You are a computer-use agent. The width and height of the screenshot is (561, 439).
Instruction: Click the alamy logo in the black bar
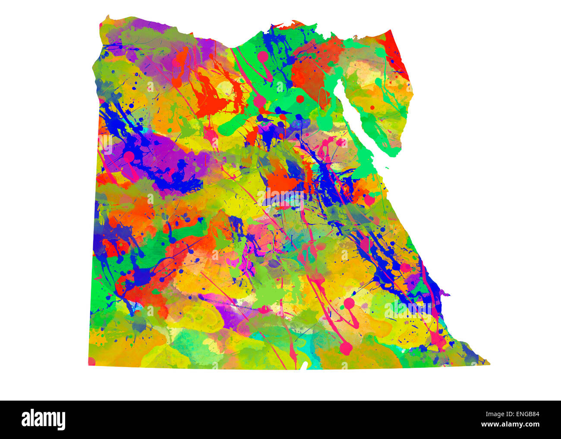pyautogui.click(x=44, y=419)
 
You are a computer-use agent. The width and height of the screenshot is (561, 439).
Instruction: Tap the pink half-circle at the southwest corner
pyautogui.click(x=91, y=361)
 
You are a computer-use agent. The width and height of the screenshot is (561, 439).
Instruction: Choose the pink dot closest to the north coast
pyautogui.click(x=262, y=56)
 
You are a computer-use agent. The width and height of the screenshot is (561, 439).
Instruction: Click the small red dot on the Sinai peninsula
pyautogui.click(x=372, y=107)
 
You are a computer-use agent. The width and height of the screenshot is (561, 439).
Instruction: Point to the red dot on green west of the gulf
pyautogui.click(x=299, y=99)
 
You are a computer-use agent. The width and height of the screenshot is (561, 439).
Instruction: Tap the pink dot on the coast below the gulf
pyautogui.click(x=369, y=200)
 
